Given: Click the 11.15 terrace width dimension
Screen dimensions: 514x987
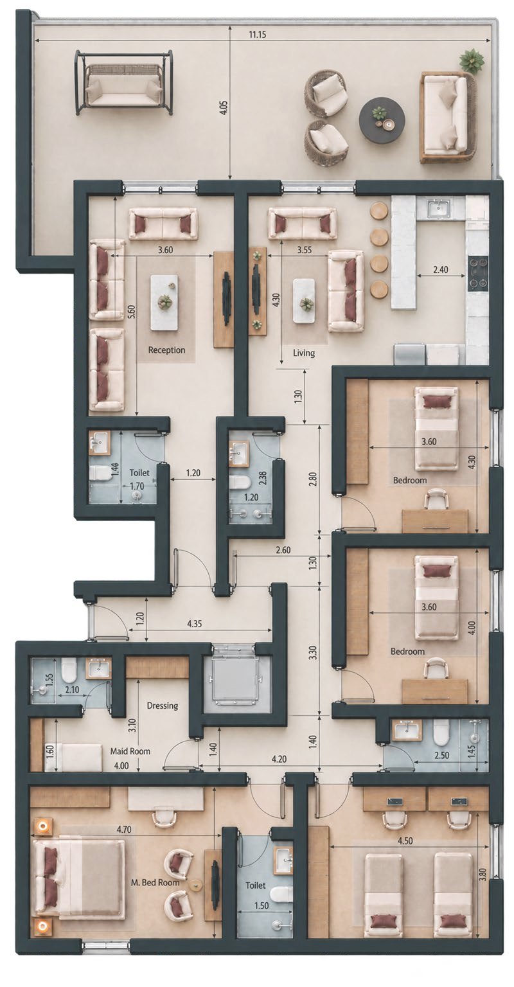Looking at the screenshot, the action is click(x=257, y=34).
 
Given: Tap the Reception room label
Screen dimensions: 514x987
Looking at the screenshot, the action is click(x=166, y=350).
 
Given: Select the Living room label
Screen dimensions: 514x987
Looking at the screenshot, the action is click(x=304, y=353).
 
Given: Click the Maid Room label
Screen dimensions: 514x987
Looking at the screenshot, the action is click(x=130, y=751).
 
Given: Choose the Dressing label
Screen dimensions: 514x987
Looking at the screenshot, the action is click(x=163, y=706).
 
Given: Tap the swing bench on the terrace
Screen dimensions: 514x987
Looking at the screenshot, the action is click(x=124, y=82).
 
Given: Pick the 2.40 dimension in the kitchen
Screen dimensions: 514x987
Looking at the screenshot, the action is click(x=441, y=269).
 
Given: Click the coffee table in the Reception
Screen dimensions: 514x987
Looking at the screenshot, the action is click(x=164, y=303).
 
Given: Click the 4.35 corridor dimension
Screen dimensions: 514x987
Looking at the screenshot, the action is click(x=195, y=623).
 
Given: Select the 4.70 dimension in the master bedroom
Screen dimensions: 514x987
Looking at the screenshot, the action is click(x=124, y=830).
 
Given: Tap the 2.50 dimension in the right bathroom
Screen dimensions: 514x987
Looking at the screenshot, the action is click(x=442, y=755).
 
